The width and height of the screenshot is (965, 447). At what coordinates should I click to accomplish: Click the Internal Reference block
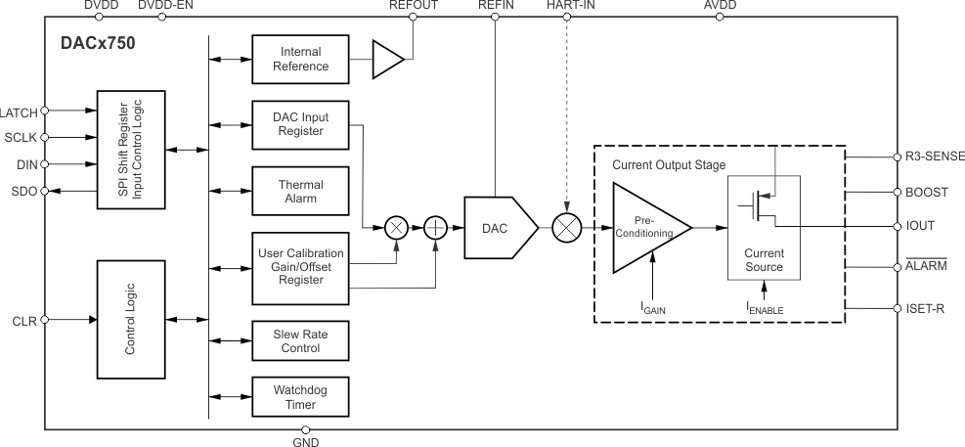[301, 60]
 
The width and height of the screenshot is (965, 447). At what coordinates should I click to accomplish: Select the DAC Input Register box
[301, 124]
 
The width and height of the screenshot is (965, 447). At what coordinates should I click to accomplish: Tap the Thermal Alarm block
[301, 190]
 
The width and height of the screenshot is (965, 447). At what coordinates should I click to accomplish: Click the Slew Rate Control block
[301, 341]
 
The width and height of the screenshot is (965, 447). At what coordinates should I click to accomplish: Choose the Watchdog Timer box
[301, 398]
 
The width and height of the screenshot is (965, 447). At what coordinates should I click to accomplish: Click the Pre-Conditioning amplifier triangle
[645, 227]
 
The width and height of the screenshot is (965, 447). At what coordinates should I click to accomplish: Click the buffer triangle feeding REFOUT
[387, 60]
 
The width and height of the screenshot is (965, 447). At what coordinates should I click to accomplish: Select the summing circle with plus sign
[435, 227]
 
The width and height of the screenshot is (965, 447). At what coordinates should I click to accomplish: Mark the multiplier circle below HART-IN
[567, 227]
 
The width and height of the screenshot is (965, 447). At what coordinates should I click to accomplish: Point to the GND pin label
[306, 440]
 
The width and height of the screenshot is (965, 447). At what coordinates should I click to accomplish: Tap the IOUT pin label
[921, 226]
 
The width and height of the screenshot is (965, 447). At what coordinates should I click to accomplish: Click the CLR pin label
[23, 319]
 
